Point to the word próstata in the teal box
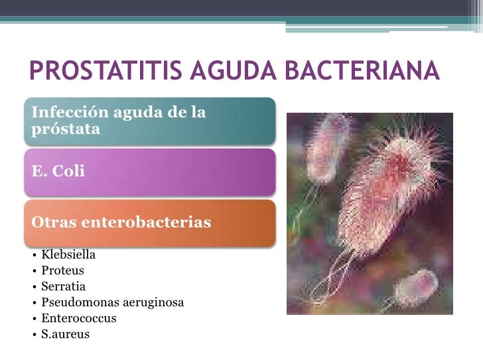point(66,129)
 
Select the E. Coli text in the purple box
point(58,171)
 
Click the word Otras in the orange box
point(54,222)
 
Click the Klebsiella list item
point(68,255)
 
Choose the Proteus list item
point(62,271)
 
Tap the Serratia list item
point(63,286)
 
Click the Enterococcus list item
point(78,318)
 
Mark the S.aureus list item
point(65,334)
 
